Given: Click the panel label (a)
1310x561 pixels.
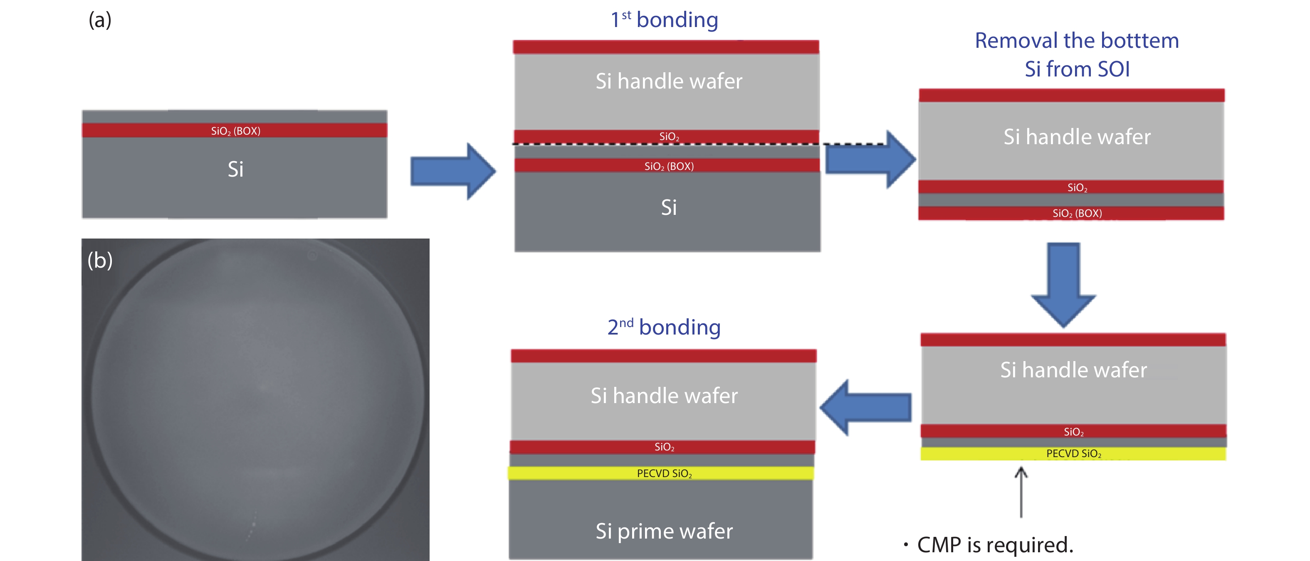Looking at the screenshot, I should (x=100, y=20).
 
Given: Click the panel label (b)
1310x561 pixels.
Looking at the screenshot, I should (x=100, y=260).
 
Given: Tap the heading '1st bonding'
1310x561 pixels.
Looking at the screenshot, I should (x=664, y=20).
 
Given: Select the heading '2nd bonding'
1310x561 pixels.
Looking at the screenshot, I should (x=664, y=327).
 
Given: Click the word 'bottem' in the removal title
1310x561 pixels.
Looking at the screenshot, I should (x=1139, y=41).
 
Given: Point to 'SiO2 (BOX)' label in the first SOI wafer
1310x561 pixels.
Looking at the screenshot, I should (x=235, y=130).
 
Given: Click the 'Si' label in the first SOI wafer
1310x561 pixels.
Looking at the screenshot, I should (x=235, y=169).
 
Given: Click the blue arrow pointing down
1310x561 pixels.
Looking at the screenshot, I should (x=1063, y=285).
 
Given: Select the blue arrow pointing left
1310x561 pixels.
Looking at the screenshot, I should (x=865, y=407).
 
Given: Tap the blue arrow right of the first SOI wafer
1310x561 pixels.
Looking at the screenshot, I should (x=452, y=171).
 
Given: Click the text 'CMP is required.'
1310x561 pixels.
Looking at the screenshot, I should (x=995, y=545).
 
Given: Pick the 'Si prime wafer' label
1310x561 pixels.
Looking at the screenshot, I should (x=664, y=531).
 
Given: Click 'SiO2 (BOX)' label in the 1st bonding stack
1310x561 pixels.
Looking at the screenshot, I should (x=669, y=166).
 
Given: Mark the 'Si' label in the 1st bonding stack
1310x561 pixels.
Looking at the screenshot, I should (x=669, y=207).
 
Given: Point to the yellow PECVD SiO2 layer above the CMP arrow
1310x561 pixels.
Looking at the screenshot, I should (x=1073, y=453).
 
